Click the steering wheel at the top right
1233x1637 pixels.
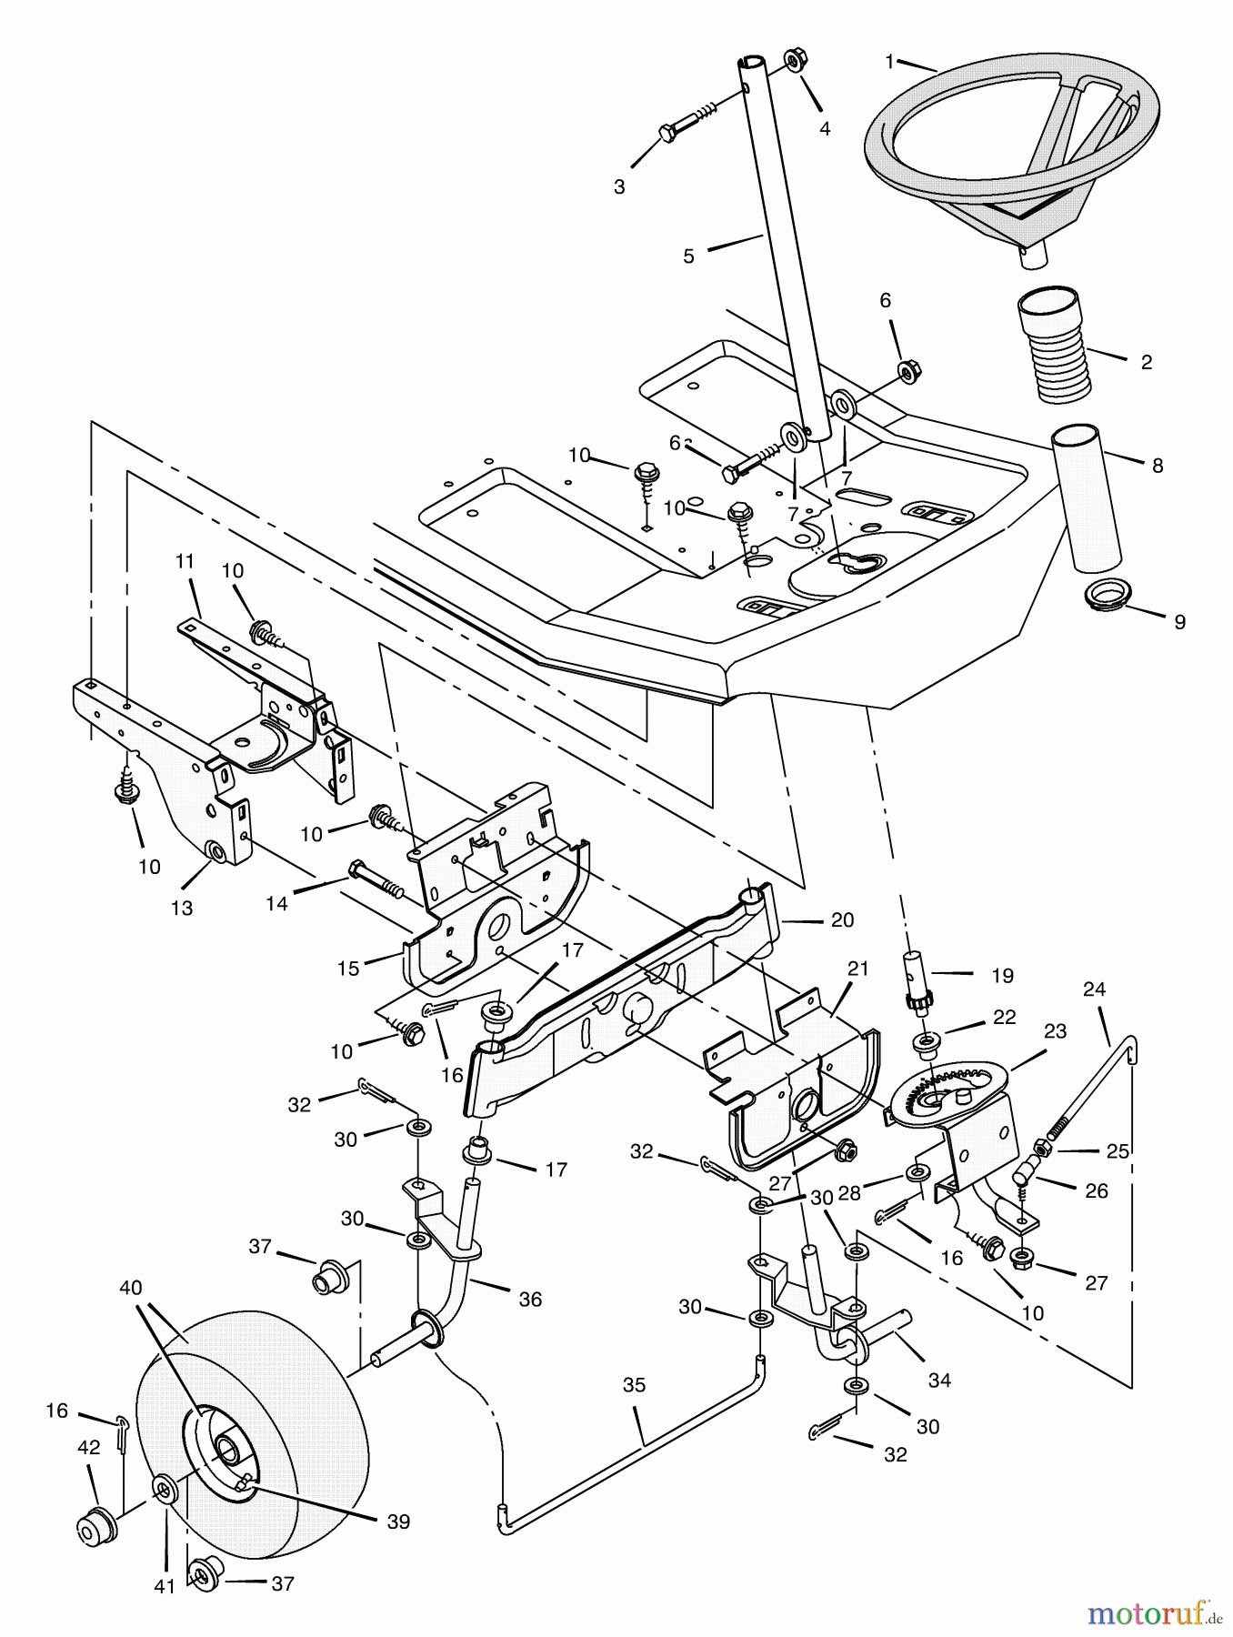pyautogui.click(x=1009, y=136)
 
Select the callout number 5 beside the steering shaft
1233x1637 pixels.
pyautogui.click(x=688, y=256)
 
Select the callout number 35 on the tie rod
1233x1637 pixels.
pyautogui.click(x=634, y=1384)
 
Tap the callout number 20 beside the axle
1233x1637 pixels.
pyautogui.click(x=842, y=919)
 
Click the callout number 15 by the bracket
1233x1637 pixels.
pyautogui.click(x=348, y=969)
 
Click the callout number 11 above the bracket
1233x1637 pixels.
pyautogui.click(x=185, y=562)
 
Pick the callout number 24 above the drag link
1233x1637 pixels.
pyautogui.click(x=1094, y=989)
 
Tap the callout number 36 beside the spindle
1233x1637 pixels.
pyautogui.click(x=530, y=1300)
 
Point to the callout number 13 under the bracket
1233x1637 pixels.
pyautogui.click(x=182, y=908)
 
